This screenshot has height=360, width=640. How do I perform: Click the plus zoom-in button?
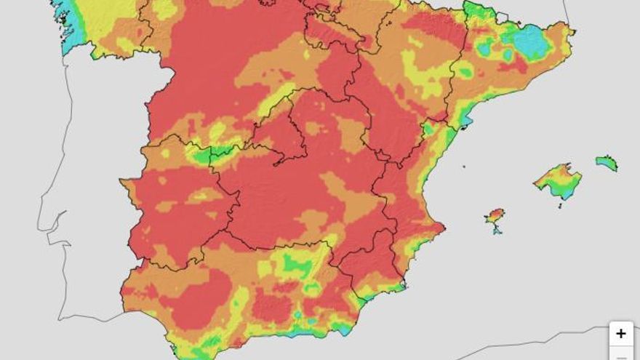(x=620, y=333)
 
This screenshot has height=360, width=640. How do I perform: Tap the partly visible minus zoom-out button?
(x=620, y=356)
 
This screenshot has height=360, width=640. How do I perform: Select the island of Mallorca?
(x=558, y=180)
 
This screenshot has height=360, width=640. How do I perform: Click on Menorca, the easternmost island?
(x=606, y=162)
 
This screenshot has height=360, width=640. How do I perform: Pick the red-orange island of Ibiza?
(x=495, y=216)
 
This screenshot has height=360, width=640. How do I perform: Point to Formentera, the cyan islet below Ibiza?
(x=497, y=231)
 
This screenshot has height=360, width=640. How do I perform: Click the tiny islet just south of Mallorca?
(x=560, y=205)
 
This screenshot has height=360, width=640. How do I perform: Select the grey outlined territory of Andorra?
(x=502, y=17)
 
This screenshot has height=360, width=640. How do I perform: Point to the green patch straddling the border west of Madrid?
(x=207, y=153)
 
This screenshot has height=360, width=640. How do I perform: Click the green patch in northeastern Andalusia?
(x=297, y=264)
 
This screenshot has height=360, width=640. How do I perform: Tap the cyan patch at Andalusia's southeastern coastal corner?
(x=343, y=328)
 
